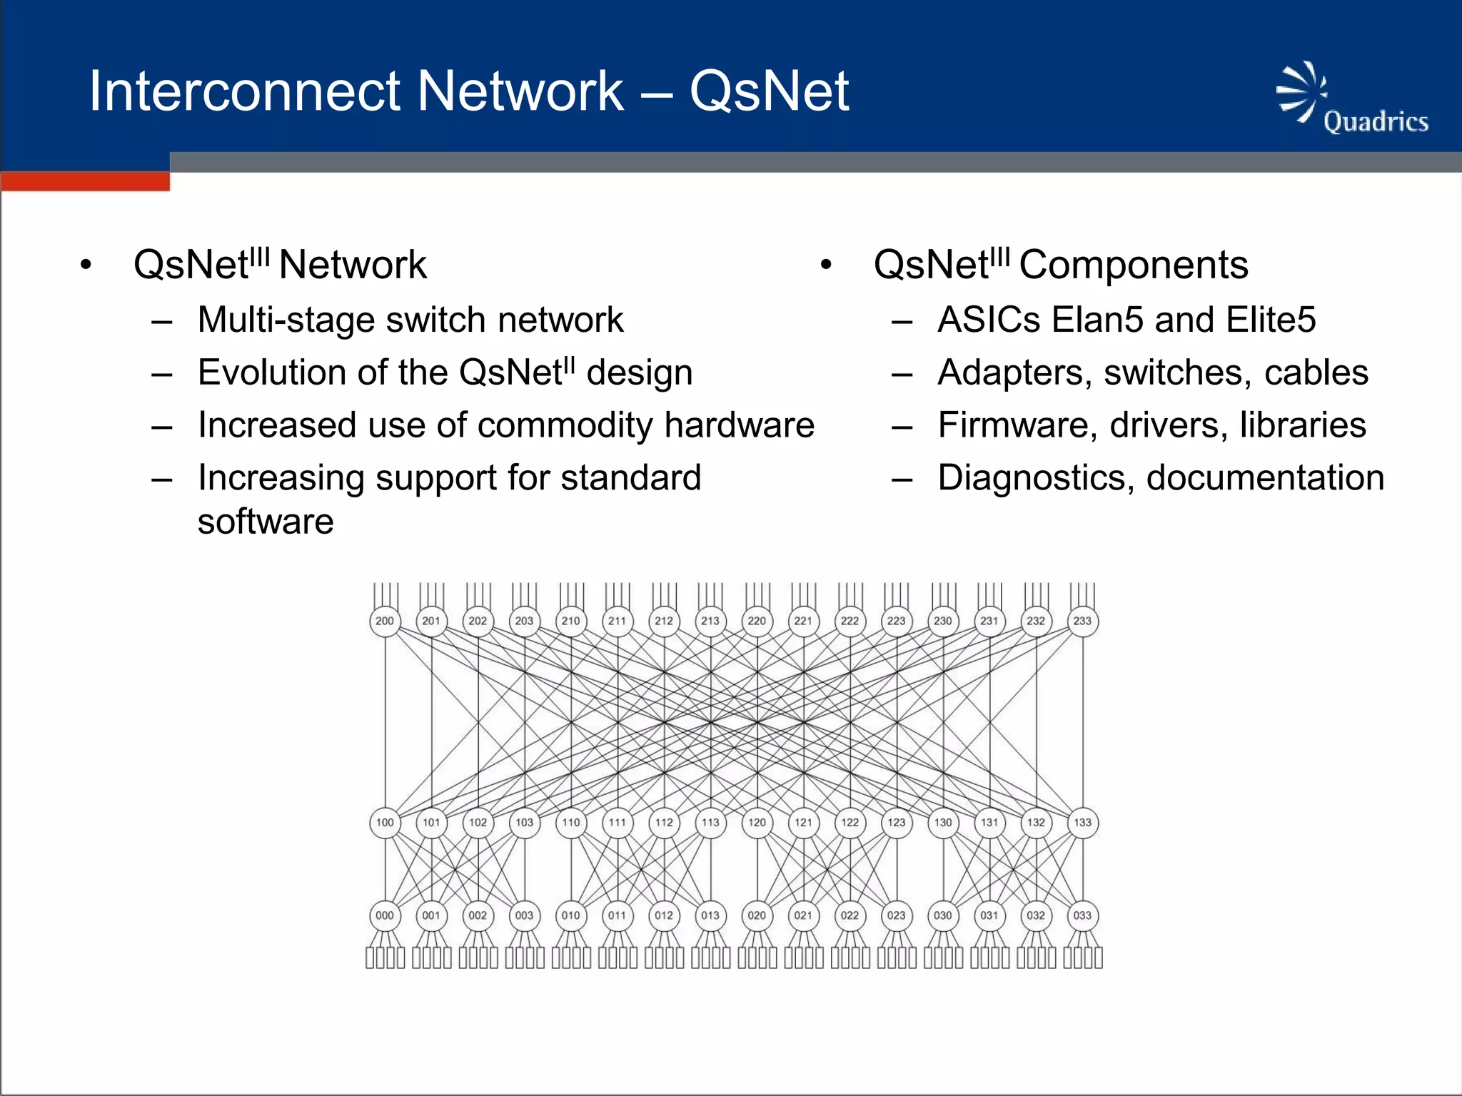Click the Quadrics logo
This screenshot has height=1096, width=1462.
[x=1351, y=100]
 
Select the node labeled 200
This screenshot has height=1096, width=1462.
[x=385, y=621]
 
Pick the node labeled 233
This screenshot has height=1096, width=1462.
[x=1082, y=621]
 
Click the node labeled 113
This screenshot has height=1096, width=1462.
[x=710, y=822]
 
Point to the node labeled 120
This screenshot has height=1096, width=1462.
[x=757, y=822]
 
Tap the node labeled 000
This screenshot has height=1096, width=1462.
[x=385, y=915]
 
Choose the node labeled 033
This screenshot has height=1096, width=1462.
[x=1082, y=915]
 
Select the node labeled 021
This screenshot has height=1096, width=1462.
[x=803, y=915]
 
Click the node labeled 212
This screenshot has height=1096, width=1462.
[x=664, y=621]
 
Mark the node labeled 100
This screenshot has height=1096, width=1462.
[x=385, y=822]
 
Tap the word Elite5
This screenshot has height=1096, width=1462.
[x=1270, y=320]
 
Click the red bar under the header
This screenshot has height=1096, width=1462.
[x=86, y=182]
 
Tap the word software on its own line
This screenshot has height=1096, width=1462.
[x=266, y=522]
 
